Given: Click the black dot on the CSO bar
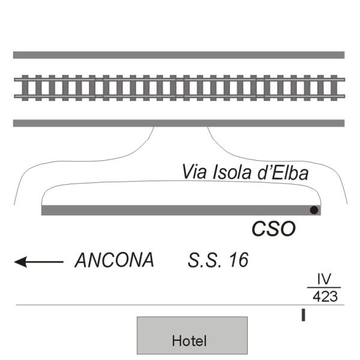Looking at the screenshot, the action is (314, 210).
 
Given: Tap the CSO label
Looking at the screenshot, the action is (274, 229).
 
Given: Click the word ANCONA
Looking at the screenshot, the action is (115, 260).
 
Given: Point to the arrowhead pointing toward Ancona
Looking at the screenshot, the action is (20, 262).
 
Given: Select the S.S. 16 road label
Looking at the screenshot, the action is (218, 260).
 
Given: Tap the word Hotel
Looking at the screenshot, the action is (189, 341).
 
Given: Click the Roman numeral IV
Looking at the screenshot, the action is (324, 279).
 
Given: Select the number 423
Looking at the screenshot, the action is (325, 296).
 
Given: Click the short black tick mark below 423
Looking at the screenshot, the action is (303, 315).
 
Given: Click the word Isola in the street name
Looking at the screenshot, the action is (232, 172).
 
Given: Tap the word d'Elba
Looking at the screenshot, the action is (283, 172).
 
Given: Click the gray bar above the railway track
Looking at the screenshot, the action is (179, 55).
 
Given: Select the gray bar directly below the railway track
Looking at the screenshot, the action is (179, 123).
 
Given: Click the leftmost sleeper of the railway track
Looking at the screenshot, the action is (25, 88).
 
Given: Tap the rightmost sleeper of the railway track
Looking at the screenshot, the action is (334, 88).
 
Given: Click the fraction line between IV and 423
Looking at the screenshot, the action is (324, 287).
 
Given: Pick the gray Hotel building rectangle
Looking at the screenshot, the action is (192, 335).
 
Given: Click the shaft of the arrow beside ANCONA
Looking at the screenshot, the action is (45, 262).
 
